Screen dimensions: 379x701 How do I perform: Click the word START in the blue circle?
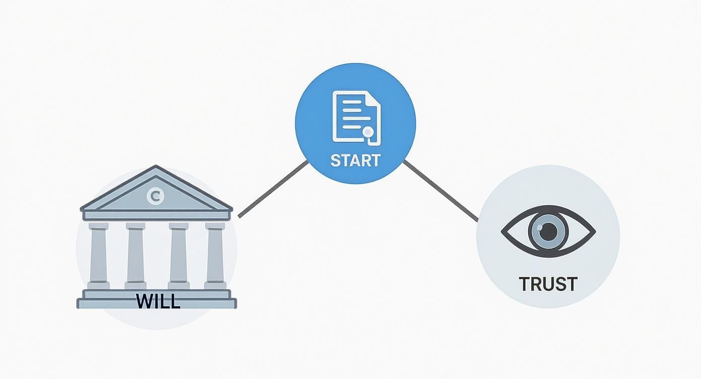pos(355,161)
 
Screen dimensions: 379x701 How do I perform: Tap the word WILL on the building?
pos(158,301)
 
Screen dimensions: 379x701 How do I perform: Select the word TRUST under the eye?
pos(548,284)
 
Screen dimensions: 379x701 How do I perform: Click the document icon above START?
pos(356,116)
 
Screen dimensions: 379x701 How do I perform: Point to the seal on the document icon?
pos(369,132)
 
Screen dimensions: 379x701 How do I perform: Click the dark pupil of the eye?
pos(548,231)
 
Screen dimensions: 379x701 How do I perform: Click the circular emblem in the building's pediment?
pos(155,196)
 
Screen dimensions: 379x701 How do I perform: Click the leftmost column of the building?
pos(98,255)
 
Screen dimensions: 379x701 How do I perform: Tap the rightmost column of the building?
pos(215,255)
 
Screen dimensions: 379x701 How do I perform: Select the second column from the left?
pos(135,255)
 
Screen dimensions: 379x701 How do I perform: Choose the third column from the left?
pos(178,255)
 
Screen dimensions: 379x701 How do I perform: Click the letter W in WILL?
pos(144,301)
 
